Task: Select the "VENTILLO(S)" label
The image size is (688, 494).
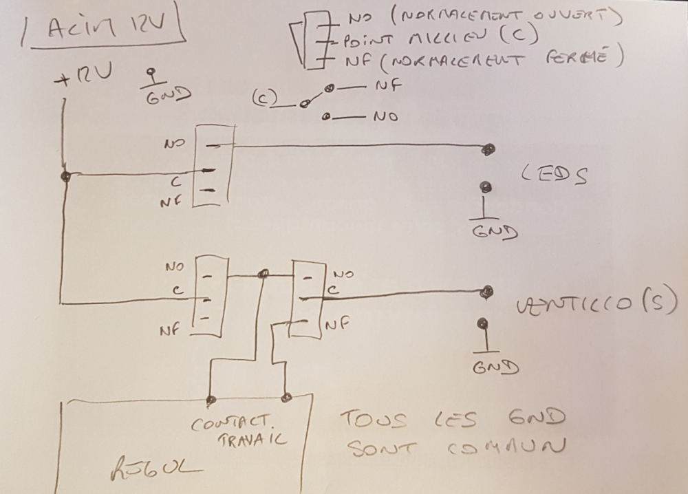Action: (596, 303)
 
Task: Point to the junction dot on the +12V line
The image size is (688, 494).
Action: (65, 176)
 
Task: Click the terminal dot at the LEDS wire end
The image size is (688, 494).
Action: (488, 149)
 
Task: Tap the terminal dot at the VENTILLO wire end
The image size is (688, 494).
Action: (487, 292)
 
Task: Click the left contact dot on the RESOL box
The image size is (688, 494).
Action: (211, 399)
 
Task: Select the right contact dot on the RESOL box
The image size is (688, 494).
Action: (287, 397)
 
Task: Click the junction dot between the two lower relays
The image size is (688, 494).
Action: (262, 275)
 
